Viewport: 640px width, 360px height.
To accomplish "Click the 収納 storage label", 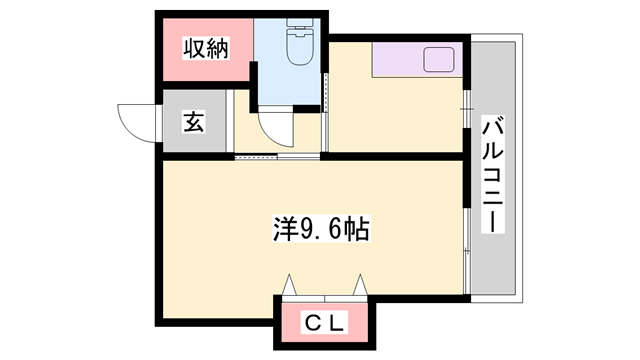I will [204, 49].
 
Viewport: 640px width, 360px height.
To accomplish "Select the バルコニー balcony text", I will [493, 175].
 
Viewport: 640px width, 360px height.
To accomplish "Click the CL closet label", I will [325, 322].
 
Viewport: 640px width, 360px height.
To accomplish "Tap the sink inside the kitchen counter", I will [439, 61].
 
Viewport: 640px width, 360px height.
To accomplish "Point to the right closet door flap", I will [359, 287].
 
